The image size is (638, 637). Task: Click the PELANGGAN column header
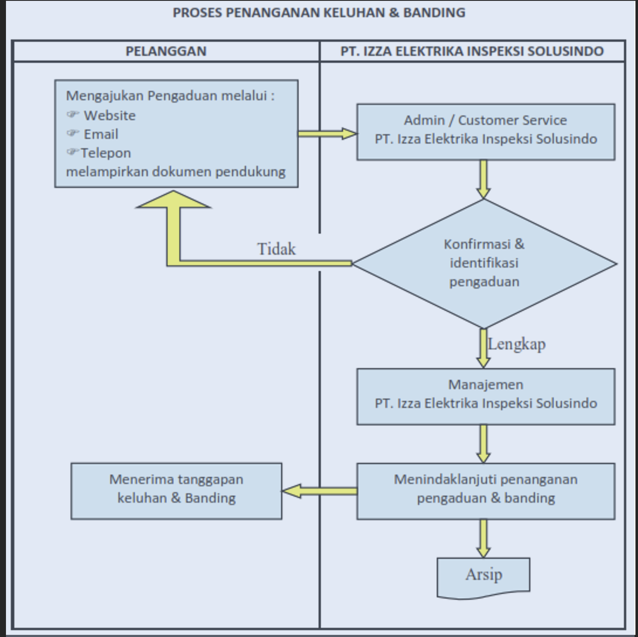pos(166,51)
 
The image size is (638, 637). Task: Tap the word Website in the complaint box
pos(109,115)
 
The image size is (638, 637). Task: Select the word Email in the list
pos(101,134)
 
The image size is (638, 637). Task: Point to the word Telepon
pos(106,153)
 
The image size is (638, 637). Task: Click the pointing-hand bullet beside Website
pos(73,115)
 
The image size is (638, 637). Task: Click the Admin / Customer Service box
pos(486,132)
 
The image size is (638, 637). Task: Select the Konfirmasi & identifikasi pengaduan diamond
pos(484,264)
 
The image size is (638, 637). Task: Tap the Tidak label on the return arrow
pos(276,249)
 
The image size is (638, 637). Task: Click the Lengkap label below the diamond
pos(517,344)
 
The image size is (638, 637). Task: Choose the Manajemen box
pos(486,396)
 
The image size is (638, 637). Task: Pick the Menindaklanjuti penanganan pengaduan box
pos(486,491)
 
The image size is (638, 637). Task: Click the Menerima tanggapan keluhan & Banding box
pos(176,491)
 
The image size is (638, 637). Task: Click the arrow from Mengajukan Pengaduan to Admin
pos(327,134)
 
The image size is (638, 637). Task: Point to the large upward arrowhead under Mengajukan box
pos(173,200)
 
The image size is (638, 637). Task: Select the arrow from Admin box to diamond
pos(483,179)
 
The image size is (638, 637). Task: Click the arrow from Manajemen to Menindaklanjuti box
pos(483,444)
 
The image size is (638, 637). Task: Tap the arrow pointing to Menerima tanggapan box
pos(319,491)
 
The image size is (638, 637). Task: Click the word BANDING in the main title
pos(434,13)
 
